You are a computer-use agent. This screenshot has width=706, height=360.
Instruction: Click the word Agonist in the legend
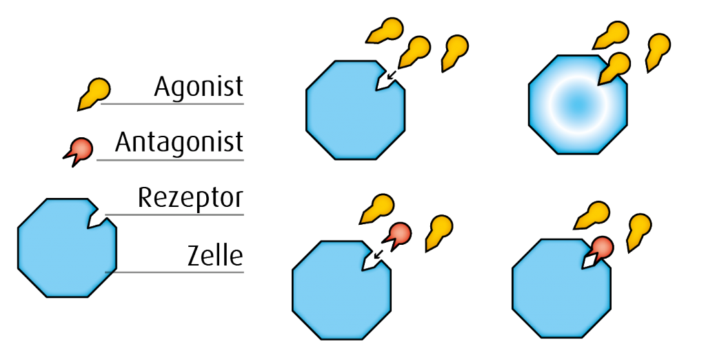point(199,87)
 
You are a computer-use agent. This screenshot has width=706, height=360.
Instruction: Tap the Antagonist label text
point(179,143)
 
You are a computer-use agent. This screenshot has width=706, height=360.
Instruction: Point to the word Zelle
point(215,256)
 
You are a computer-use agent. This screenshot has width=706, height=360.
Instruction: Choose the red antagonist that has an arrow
point(398,236)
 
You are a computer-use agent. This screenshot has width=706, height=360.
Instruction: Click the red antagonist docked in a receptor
point(602,248)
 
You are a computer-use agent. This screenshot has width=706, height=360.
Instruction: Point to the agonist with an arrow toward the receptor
point(414,50)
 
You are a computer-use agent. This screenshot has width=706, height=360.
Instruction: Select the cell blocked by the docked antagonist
point(558,293)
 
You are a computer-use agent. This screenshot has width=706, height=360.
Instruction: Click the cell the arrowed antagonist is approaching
point(341,293)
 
